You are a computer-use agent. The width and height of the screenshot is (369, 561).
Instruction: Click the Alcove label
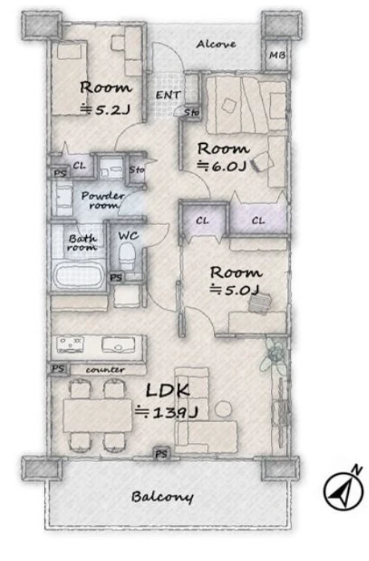(216, 44)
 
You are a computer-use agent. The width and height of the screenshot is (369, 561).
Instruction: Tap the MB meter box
(277, 55)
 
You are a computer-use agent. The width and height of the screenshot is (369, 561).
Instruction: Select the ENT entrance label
(168, 95)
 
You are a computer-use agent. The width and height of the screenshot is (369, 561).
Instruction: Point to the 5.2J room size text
(105, 109)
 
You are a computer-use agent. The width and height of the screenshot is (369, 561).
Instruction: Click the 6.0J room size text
(223, 166)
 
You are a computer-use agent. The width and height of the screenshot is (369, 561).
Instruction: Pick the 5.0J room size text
(235, 289)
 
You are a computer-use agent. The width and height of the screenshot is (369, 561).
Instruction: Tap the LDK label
(167, 391)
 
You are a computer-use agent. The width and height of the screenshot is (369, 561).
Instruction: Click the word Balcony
(162, 497)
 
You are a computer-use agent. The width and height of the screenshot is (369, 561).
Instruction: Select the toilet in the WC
(127, 256)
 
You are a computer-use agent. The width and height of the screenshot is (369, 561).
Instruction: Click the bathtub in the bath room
(79, 275)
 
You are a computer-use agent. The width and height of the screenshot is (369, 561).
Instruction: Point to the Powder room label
(102, 200)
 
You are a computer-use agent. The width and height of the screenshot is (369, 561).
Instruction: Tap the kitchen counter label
(105, 370)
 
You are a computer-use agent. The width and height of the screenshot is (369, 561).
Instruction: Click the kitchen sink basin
(118, 345)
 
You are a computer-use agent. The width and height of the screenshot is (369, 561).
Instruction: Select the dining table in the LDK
(98, 416)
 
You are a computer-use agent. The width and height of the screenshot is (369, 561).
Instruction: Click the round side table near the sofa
(223, 409)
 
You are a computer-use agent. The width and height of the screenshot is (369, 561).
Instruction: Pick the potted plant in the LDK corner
(274, 355)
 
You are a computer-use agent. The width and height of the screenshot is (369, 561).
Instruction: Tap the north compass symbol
(343, 489)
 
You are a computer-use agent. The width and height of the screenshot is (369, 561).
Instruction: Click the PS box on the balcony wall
(162, 454)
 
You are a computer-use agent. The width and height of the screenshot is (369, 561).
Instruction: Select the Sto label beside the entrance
(191, 113)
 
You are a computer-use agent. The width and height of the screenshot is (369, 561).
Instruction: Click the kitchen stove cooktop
(70, 344)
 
